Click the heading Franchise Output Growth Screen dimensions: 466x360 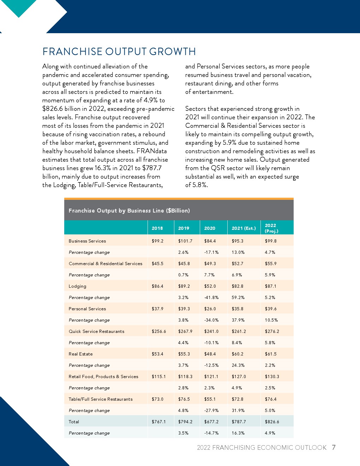[x=119, y=52]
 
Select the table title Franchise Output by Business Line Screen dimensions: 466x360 [x=129, y=211]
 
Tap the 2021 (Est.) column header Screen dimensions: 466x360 [x=244, y=228]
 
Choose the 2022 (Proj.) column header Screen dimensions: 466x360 [x=271, y=228]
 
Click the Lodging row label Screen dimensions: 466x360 [x=77, y=286]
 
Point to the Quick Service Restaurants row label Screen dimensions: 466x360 [x=96, y=331]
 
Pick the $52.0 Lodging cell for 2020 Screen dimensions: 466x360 [x=210, y=286]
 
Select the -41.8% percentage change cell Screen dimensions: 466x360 [x=211, y=298]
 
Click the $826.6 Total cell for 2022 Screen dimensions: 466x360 [x=272, y=422]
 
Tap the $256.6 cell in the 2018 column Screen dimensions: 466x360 [x=159, y=331]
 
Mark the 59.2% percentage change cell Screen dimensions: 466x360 [x=238, y=298]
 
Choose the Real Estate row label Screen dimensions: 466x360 [x=80, y=354]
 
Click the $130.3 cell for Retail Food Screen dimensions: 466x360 [x=272, y=377]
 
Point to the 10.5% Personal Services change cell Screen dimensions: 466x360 [x=271, y=320]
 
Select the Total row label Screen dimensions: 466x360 [x=74, y=422]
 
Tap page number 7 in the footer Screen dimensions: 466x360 [x=334, y=448]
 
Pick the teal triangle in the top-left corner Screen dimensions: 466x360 [x=18, y=7]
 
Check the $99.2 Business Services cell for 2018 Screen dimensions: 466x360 [x=157, y=241]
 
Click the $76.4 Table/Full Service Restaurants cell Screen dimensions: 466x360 [x=271, y=399]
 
